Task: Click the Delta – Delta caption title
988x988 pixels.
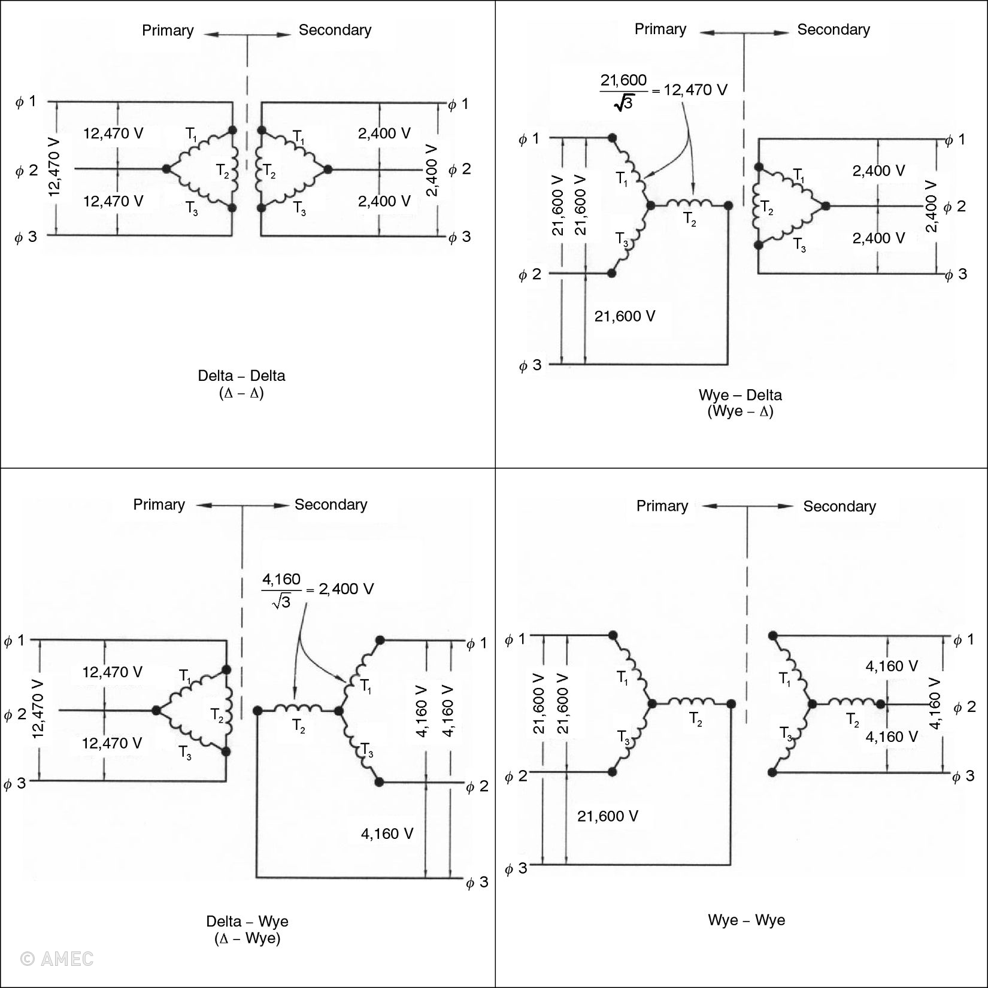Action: pyautogui.click(x=241, y=375)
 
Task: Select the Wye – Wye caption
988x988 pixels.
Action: pyautogui.click(x=746, y=920)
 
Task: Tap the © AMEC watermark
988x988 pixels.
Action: pyautogui.click(x=57, y=959)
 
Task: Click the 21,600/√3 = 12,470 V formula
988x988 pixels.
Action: pyautogui.click(x=663, y=90)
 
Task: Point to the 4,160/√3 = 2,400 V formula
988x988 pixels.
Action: pyautogui.click(x=317, y=590)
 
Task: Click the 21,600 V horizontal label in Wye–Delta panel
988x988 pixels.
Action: pyautogui.click(x=625, y=316)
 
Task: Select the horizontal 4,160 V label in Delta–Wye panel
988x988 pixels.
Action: pyautogui.click(x=387, y=834)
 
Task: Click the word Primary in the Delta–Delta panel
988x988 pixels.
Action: pyautogui.click(x=168, y=31)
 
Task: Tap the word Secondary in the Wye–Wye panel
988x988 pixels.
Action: pyautogui.click(x=839, y=507)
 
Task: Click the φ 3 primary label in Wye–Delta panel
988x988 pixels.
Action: pyautogui.click(x=530, y=365)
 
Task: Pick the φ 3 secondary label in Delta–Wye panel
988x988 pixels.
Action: pyautogui.click(x=477, y=882)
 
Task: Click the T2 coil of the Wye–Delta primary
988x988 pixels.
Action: pyautogui.click(x=689, y=204)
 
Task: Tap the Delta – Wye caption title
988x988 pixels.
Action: pyautogui.click(x=247, y=921)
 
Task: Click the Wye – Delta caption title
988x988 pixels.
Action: pyautogui.click(x=740, y=395)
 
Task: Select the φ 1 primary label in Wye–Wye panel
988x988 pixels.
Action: pyautogui.click(x=515, y=639)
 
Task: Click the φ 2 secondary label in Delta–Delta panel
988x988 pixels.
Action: pyautogui.click(x=460, y=169)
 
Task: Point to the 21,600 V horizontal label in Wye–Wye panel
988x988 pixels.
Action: pyautogui.click(x=607, y=816)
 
